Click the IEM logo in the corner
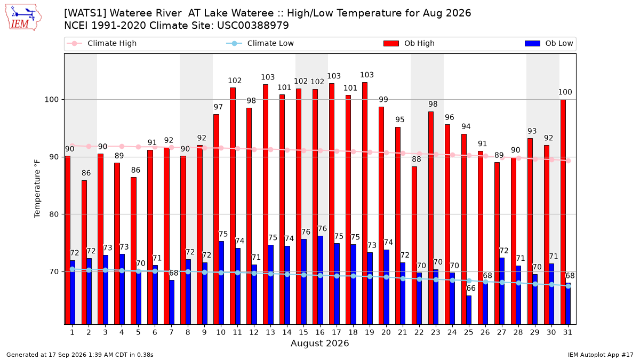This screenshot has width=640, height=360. tap(23, 18)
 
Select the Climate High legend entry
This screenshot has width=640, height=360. tap(101, 43)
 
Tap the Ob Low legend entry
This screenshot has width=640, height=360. tap(549, 43)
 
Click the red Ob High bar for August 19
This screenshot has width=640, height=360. tap(365, 203)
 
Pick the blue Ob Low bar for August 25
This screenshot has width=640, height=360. tap(469, 310)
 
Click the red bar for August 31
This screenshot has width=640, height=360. tap(563, 212)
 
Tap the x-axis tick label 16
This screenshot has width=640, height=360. tap(320, 332)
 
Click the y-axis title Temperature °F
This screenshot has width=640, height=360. tap(37, 189)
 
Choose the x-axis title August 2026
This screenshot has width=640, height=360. tap(319, 343)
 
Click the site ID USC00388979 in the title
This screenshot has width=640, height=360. tap(253, 26)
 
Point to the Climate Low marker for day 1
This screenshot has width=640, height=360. tap(73, 269)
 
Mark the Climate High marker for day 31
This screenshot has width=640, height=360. tap(569, 161)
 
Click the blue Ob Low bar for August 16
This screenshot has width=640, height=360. tap(321, 281)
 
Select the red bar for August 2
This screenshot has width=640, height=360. tap(84, 253)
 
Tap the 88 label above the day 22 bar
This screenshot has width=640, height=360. tap(417, 159)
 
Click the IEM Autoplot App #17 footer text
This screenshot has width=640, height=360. tap(601, 355)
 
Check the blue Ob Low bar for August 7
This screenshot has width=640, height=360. tap(171, 302)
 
